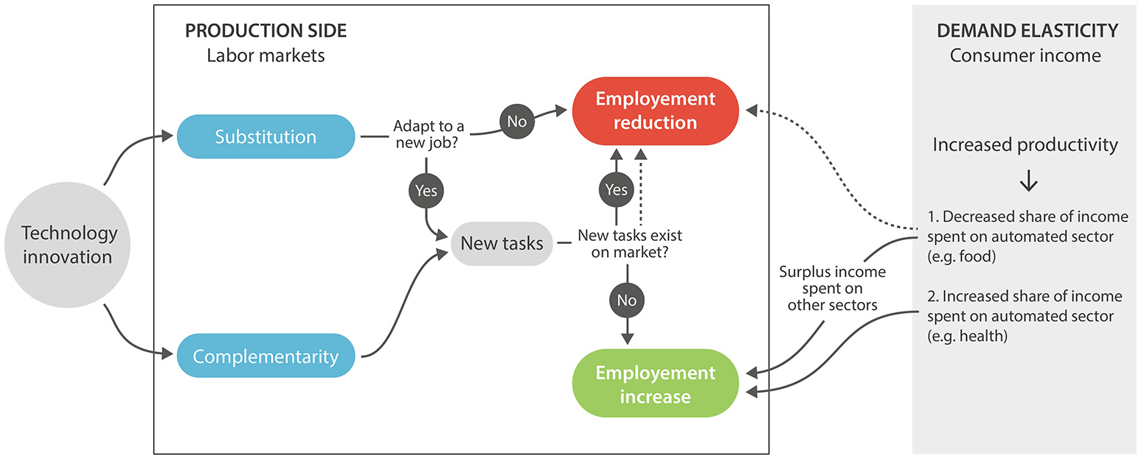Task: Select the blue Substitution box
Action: point(266,136)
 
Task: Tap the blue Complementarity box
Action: point(266,357)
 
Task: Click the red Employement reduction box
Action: point(655,111)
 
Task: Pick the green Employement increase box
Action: point(655,384)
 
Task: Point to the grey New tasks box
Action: point(502,243)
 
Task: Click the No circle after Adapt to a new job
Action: point(516,121)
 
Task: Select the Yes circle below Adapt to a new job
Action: point(426,191)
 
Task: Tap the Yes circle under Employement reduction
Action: point(616,190)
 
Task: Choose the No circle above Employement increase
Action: point(627,300)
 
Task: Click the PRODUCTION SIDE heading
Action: point(266,31)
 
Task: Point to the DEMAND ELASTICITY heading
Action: point(1027,31)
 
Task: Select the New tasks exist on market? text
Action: point(629,243)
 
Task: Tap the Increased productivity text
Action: point(1025,145)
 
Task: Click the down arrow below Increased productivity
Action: point(1028,182)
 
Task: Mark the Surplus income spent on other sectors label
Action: point(833,288)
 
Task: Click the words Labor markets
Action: point(266,55)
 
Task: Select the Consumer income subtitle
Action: point(1025,55)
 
